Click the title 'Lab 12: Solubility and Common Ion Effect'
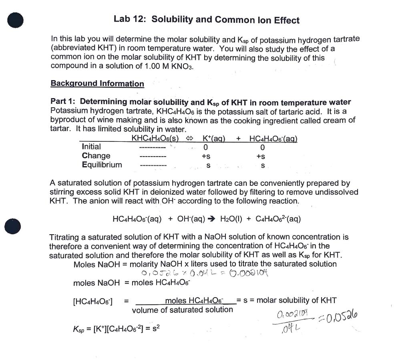pos(206,20)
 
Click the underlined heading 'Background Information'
pos(97,84)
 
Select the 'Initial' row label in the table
pos(91,147)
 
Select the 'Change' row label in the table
pos(96,156)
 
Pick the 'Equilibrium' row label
pos(102,165)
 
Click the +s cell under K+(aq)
pos(206,156)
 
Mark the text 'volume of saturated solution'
pos(182,310)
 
